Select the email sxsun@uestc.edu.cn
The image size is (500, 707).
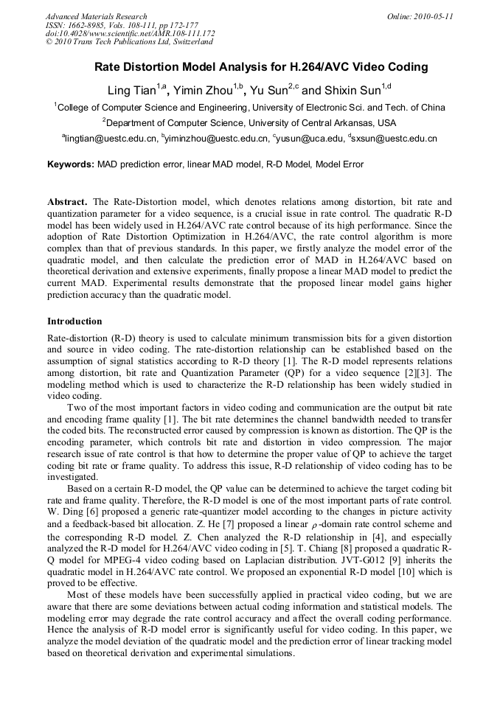[395, 139]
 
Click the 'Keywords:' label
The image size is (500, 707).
[71, 164]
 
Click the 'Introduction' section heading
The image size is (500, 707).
[74, 321]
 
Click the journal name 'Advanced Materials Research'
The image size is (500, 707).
[96, 16]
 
